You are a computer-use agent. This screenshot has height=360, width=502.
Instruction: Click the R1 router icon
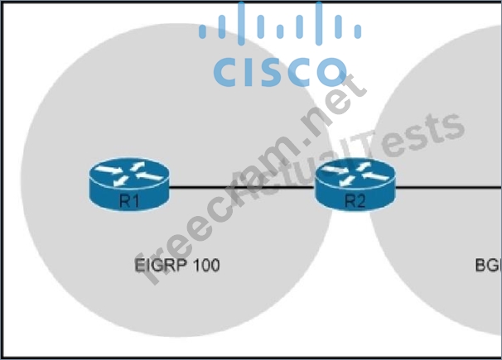tap(128, 185)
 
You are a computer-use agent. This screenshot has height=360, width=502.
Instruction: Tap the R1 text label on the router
tap(128, 200)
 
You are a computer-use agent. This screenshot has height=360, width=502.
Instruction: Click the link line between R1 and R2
tap(240, 186)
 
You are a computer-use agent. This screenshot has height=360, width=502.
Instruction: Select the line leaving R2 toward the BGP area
tap(447, 186)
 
